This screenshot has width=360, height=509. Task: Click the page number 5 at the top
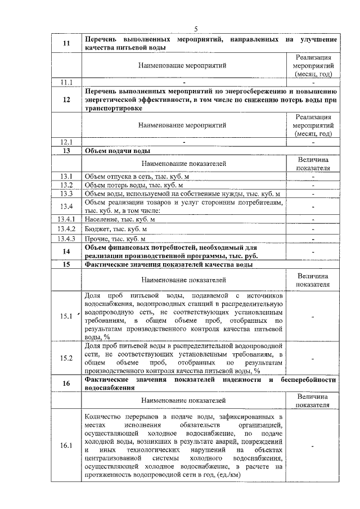196,29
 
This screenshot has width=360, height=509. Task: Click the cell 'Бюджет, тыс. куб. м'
116,229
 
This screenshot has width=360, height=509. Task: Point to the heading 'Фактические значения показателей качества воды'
168,264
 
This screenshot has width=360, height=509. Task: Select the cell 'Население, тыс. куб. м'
119,219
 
